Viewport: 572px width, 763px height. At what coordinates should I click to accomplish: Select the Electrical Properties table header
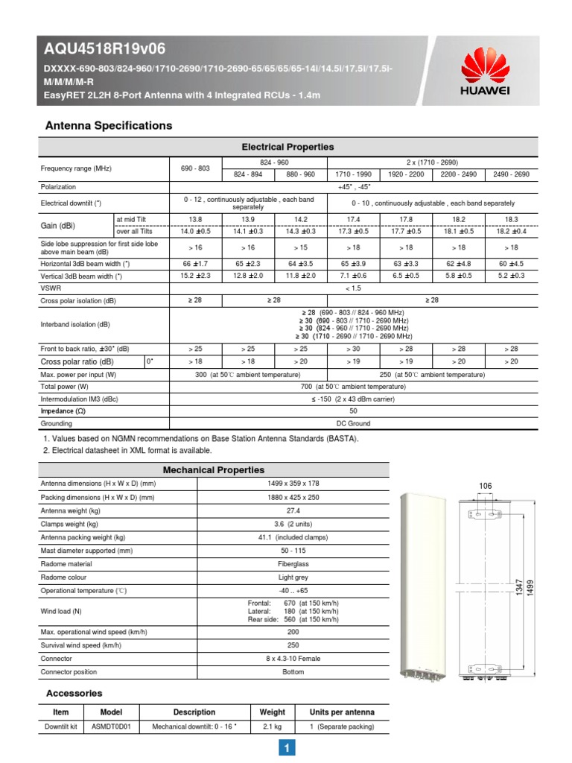tap(287, 147)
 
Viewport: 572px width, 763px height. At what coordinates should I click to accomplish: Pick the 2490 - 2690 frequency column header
tap(511, 174)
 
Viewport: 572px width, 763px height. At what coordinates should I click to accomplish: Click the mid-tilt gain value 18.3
tap(511, 219)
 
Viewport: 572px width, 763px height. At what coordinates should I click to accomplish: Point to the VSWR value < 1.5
tap(354, 288)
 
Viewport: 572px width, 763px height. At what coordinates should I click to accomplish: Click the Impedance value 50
tap(354, 411)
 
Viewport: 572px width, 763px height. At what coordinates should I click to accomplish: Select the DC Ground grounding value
tap(354, 423)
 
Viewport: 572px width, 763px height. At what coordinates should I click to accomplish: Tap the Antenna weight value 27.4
tap(293, 510)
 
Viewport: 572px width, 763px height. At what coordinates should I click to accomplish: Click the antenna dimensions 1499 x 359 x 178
tap(293, 483)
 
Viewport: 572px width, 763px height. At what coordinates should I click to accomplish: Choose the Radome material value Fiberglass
tap(293, 563)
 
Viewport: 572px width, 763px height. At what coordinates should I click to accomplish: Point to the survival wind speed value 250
tap(293, 645)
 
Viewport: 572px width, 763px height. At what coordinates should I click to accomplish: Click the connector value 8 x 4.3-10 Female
tap(293, 658)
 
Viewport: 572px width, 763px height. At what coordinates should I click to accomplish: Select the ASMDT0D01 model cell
tap(110, 726)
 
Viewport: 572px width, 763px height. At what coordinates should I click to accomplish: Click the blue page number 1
tap(287, 747)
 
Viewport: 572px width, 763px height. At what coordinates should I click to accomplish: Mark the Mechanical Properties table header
tap(213, 469)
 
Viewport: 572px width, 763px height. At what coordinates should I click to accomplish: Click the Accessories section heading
tap(74, 693)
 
